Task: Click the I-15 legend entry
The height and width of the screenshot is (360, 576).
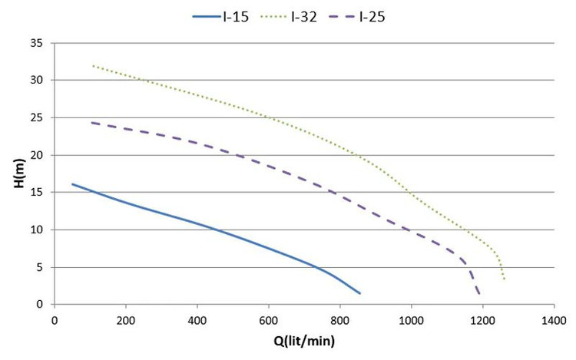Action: (220, 17)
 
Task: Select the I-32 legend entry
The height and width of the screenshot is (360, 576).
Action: (289, 17)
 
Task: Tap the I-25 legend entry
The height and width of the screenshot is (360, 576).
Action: (357, 17)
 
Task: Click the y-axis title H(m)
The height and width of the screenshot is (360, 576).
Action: (19, 173)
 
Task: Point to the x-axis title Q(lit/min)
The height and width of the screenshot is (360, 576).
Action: (304, 342)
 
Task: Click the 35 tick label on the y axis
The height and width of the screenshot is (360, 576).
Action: (36, 43)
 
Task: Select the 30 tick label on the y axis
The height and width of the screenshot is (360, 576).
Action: (36, 80)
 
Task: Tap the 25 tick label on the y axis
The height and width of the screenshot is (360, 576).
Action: (36, 117)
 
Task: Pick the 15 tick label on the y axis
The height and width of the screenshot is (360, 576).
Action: (36, 193)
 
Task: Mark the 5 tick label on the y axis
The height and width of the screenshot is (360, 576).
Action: (39, 268)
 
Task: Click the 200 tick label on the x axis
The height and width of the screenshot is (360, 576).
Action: (126, 321)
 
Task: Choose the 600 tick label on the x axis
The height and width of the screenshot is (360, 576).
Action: (269, 321)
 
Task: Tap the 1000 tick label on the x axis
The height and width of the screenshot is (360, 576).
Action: (411, 321)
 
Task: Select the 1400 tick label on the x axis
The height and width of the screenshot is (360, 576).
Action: (554, 321)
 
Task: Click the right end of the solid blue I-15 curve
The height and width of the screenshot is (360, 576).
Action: (359, 293)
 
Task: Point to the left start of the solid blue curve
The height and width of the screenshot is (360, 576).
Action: (72, 184)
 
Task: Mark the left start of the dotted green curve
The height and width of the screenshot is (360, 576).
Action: (93, 66)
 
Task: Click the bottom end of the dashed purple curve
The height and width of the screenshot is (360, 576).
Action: (479, 294)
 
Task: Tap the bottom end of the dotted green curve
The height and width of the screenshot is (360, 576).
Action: (505, 279)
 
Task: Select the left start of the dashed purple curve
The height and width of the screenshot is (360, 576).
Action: (92, 123)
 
